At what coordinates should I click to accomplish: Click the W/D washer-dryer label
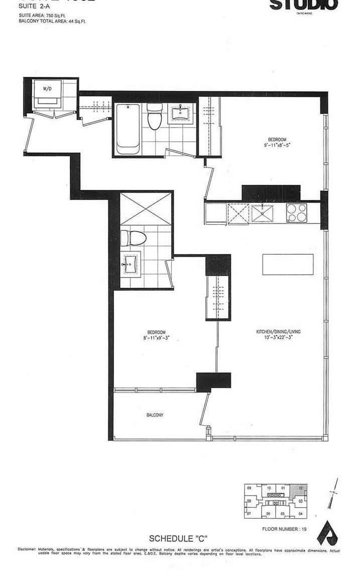pos(47,89)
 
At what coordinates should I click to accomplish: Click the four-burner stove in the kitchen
pos(297,213)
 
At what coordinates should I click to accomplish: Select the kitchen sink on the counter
pos(263,213)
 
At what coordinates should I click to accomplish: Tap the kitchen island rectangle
pos(288,264)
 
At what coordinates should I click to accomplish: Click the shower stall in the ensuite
pos(146,207)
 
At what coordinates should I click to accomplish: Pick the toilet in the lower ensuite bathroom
pos(133,238)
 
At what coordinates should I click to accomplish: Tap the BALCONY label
pos(155,415)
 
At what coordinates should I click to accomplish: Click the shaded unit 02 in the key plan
pos(301,488)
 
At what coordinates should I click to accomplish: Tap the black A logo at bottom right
pos(329,533)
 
